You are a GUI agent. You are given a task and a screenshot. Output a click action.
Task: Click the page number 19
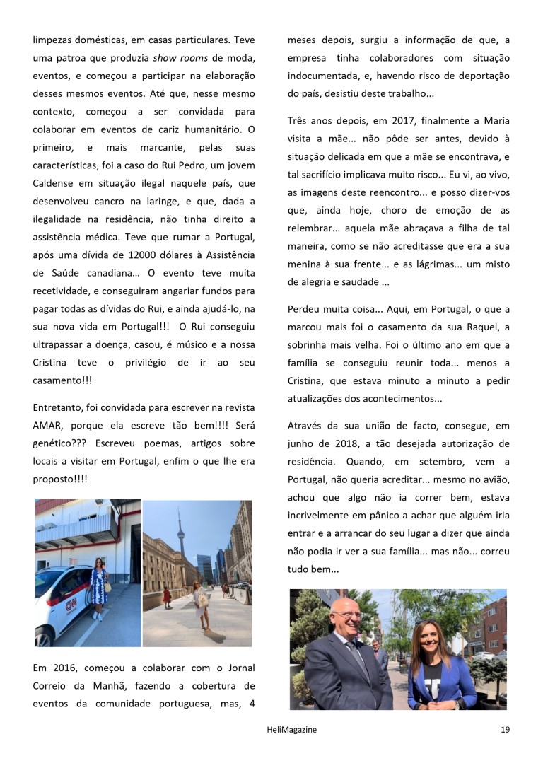(505, 729)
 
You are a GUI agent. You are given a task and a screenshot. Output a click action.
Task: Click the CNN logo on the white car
(70, 605)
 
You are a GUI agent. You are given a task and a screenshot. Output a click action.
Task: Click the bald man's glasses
(349, 615)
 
